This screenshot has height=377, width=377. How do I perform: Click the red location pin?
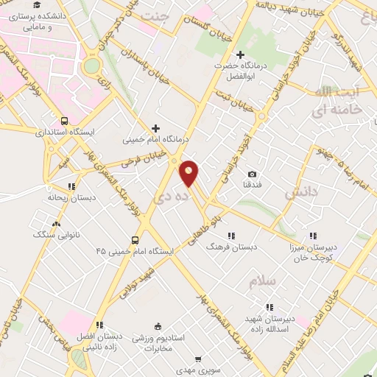189,172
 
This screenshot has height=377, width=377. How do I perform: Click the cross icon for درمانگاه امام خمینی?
155,128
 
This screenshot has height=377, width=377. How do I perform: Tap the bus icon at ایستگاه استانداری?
64,121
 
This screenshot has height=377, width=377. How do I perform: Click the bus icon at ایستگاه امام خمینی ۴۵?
134,240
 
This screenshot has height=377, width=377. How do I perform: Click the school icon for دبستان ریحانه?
71,187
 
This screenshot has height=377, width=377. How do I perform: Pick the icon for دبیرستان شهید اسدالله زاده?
270,306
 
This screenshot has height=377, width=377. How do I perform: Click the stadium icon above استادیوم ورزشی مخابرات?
157,327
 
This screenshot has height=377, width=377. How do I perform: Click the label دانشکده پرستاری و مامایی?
40,20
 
